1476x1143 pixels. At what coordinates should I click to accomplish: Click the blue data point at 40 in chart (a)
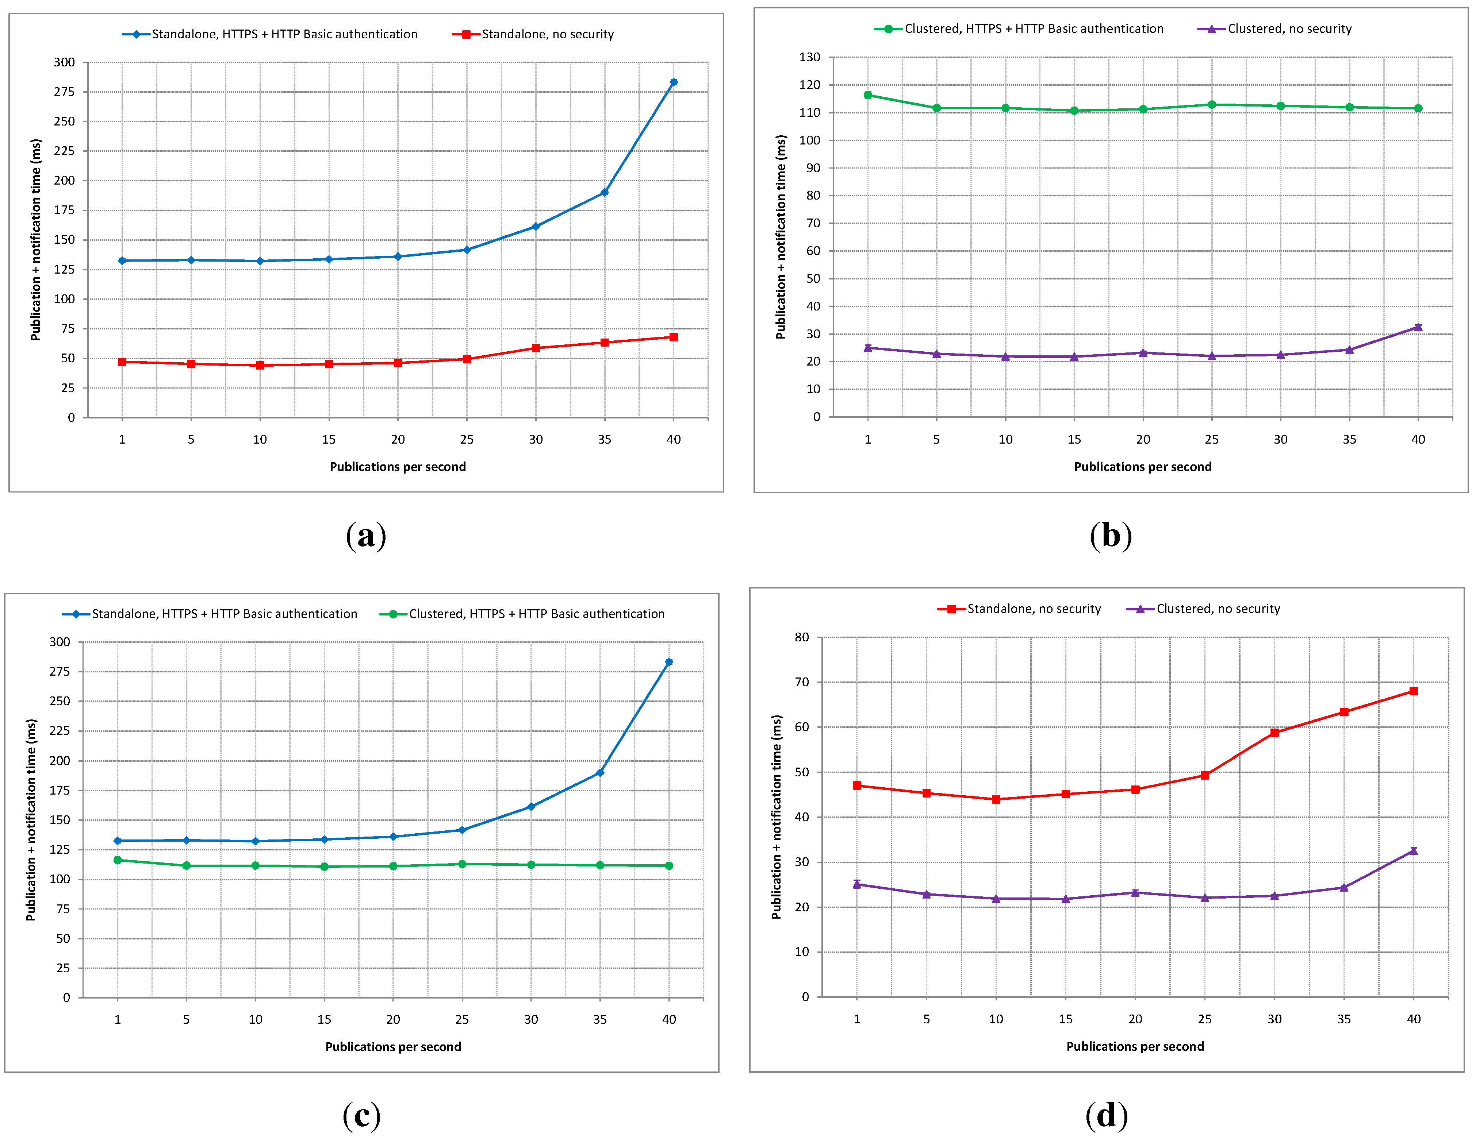tap(673, 82)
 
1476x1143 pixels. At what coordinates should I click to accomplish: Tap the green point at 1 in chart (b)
tap(868, 95)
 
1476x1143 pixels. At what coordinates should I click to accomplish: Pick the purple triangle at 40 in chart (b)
tap(1418, 327)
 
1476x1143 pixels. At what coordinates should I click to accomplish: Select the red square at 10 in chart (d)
tap(996, 799)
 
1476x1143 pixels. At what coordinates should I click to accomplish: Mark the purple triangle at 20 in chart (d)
tap(1135, 892)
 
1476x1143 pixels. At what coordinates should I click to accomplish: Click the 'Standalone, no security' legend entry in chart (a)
tap(533, 34)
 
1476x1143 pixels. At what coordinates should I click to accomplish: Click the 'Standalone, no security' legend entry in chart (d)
tap(1019, 609)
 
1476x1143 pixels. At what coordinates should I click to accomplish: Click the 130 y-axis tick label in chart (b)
tap(810, 57)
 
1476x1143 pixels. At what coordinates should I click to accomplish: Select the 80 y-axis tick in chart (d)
tap(802, 637)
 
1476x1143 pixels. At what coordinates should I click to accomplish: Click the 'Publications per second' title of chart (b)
tap(1143, 467)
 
